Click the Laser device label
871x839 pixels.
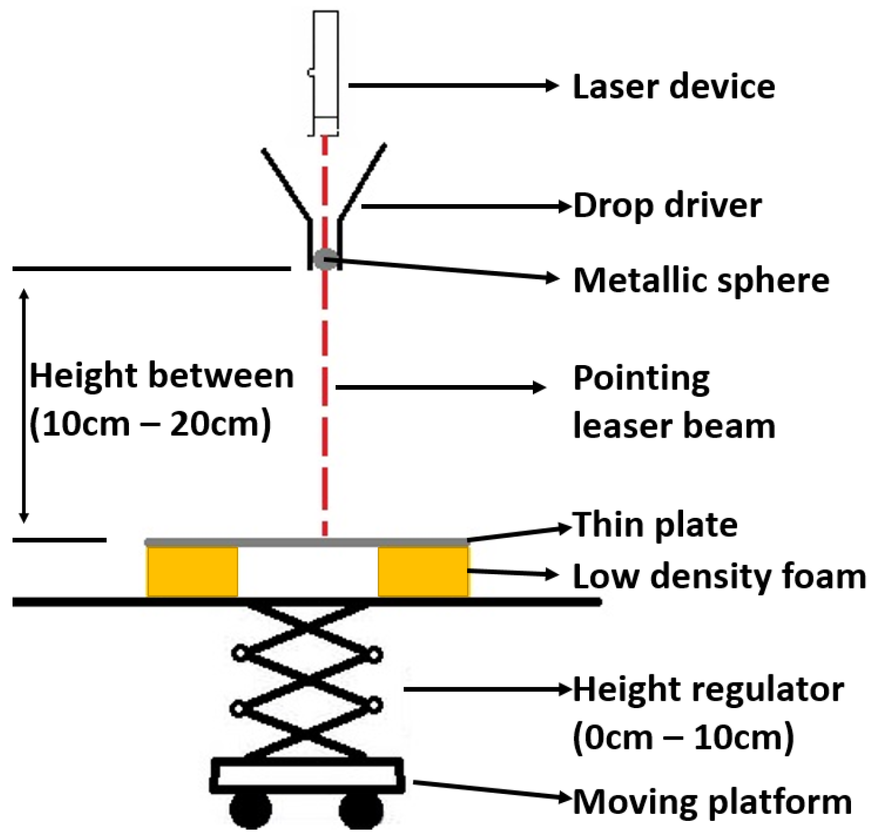(x=674, y=86)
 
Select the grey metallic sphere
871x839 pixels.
(x=324, y=259)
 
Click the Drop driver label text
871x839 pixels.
(x=667, y=205)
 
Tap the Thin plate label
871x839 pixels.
(x=655, y=525)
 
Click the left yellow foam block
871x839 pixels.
(x=192, y=572)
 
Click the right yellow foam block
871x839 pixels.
(x=423, y=572)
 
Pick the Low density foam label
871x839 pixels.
(x=719, y=576)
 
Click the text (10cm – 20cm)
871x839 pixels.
(x=150, y=425)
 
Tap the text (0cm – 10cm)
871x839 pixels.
(x=683, y=737)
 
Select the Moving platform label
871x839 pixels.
(x=712, y=802)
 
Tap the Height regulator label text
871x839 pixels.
(x=708, y=689)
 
